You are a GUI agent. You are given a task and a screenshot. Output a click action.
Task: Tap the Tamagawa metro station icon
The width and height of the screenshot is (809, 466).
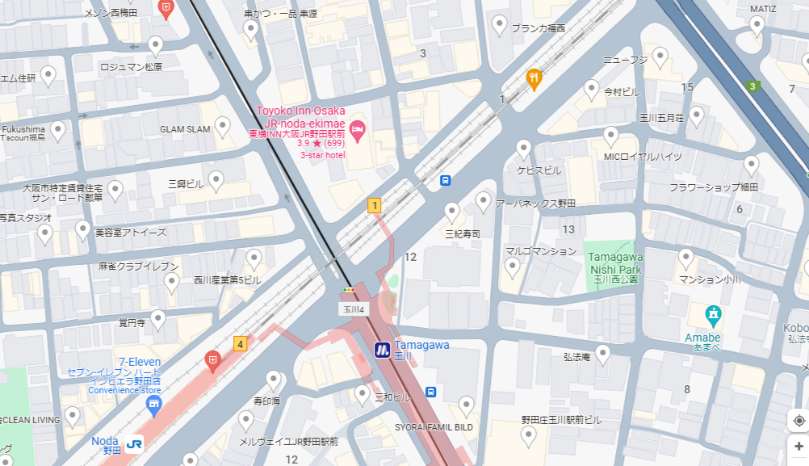tap(383, 350)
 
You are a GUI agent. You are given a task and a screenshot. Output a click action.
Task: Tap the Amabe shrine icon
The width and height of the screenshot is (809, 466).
tap(712, 313)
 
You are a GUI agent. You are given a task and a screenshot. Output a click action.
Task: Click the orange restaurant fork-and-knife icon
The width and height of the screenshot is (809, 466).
tap(533, 78)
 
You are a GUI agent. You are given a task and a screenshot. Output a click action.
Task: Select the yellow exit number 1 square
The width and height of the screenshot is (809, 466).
tap(374, 205)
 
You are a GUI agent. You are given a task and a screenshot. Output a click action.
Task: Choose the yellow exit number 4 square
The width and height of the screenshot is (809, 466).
tap(240, 344)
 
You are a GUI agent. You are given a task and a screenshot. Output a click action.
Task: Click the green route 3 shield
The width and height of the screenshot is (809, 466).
tap(753, 86)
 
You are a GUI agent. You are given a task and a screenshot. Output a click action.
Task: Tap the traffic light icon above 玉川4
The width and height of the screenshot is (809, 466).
tap(349, 289)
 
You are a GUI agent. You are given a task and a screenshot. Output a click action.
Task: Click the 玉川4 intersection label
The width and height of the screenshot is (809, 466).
tap(352, 309)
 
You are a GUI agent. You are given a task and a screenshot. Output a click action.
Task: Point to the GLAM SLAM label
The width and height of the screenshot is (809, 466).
tap(185, 129)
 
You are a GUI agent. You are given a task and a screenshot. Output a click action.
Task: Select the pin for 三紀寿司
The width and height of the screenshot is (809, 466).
tap(452, 212)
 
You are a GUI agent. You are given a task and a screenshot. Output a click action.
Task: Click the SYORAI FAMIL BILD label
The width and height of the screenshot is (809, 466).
tap(434, 426)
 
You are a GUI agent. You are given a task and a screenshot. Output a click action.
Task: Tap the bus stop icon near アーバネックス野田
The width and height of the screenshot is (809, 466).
tap(446, 180)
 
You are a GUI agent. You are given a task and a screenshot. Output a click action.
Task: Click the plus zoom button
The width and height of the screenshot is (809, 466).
tap(799, 447)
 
